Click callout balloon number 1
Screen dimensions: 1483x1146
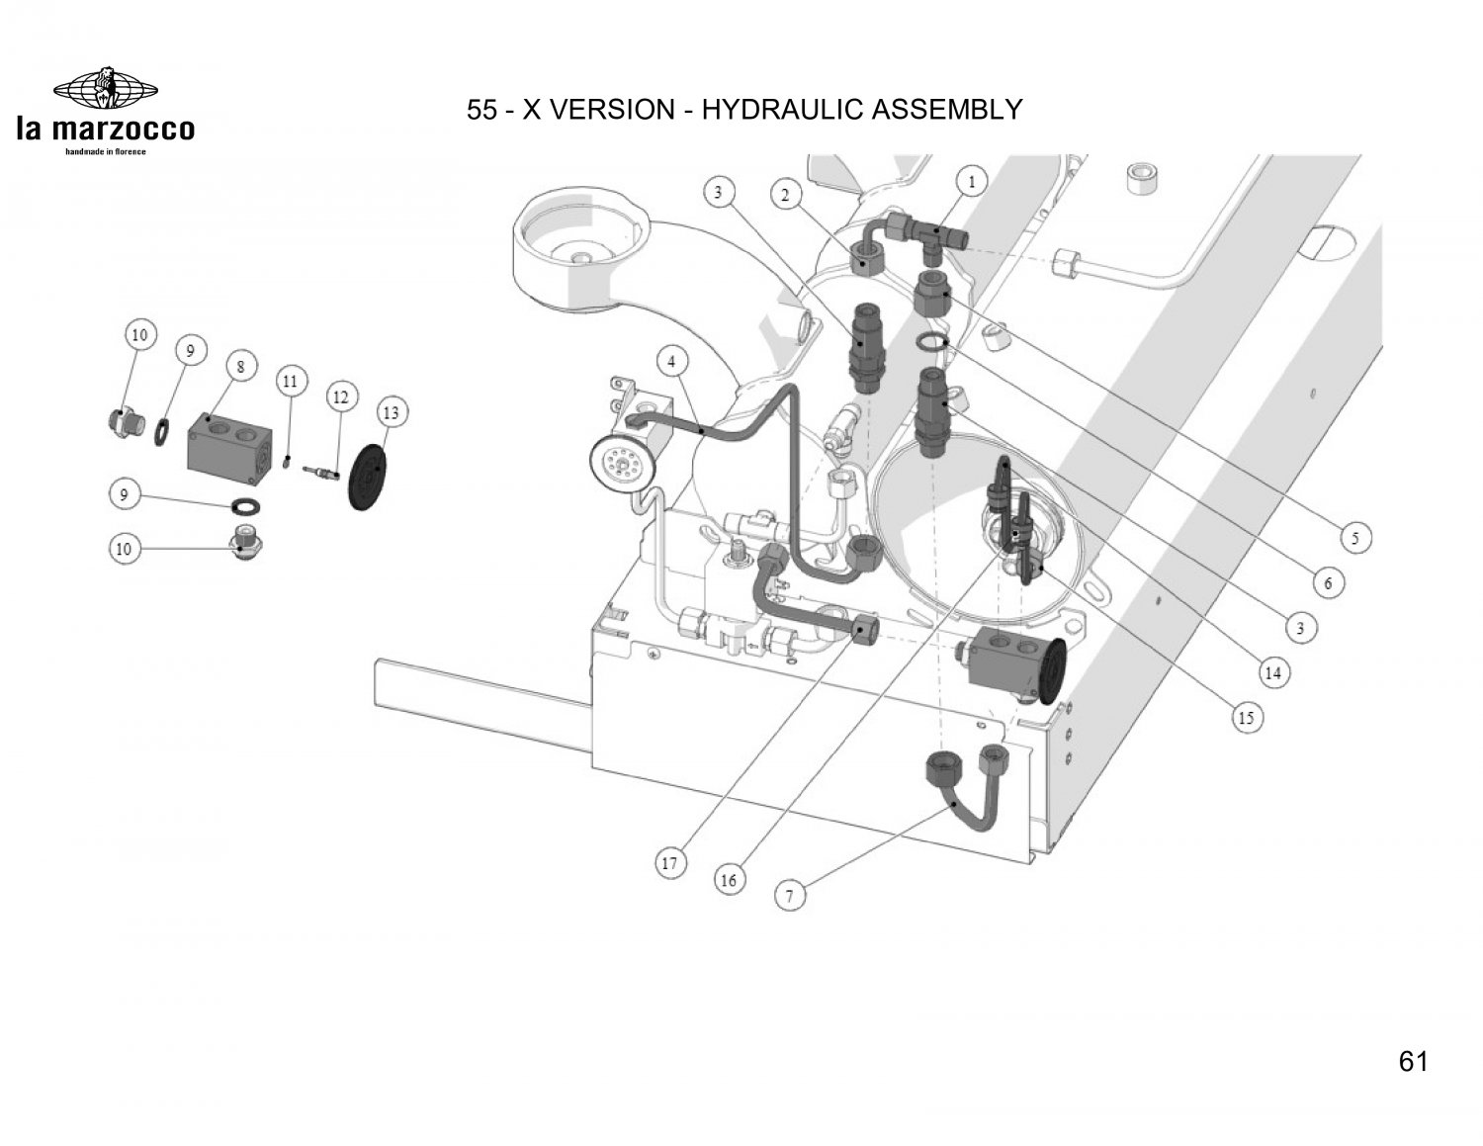[x=971, y=182]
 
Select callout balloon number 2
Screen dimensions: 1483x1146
[x=786, y=195]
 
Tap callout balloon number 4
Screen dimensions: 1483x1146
[x=671, y=362]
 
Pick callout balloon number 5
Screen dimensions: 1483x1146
[x=1355, y=538]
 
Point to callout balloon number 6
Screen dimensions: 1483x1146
[x=1328, y=582]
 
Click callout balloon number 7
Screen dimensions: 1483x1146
[x=790, y=895]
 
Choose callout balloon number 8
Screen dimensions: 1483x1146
[x=241, y=367]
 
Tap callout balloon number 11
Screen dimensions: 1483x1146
[x=291, y=381]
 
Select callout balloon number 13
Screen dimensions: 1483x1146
[x=392, y=412]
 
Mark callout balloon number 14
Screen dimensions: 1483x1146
[x=1272, y=673]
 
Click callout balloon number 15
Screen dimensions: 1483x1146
[x=1246, y=718]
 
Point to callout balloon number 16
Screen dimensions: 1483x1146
[x=729, y=880]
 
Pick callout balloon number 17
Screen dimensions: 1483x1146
[x=670, y=863]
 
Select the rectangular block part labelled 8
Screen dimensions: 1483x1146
[x=230, y=449]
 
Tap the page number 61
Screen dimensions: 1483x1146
[x=1414, y=1061]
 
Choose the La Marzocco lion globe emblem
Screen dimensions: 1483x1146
[x=106, y=89]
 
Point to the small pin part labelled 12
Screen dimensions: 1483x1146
[x=323, y=473]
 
